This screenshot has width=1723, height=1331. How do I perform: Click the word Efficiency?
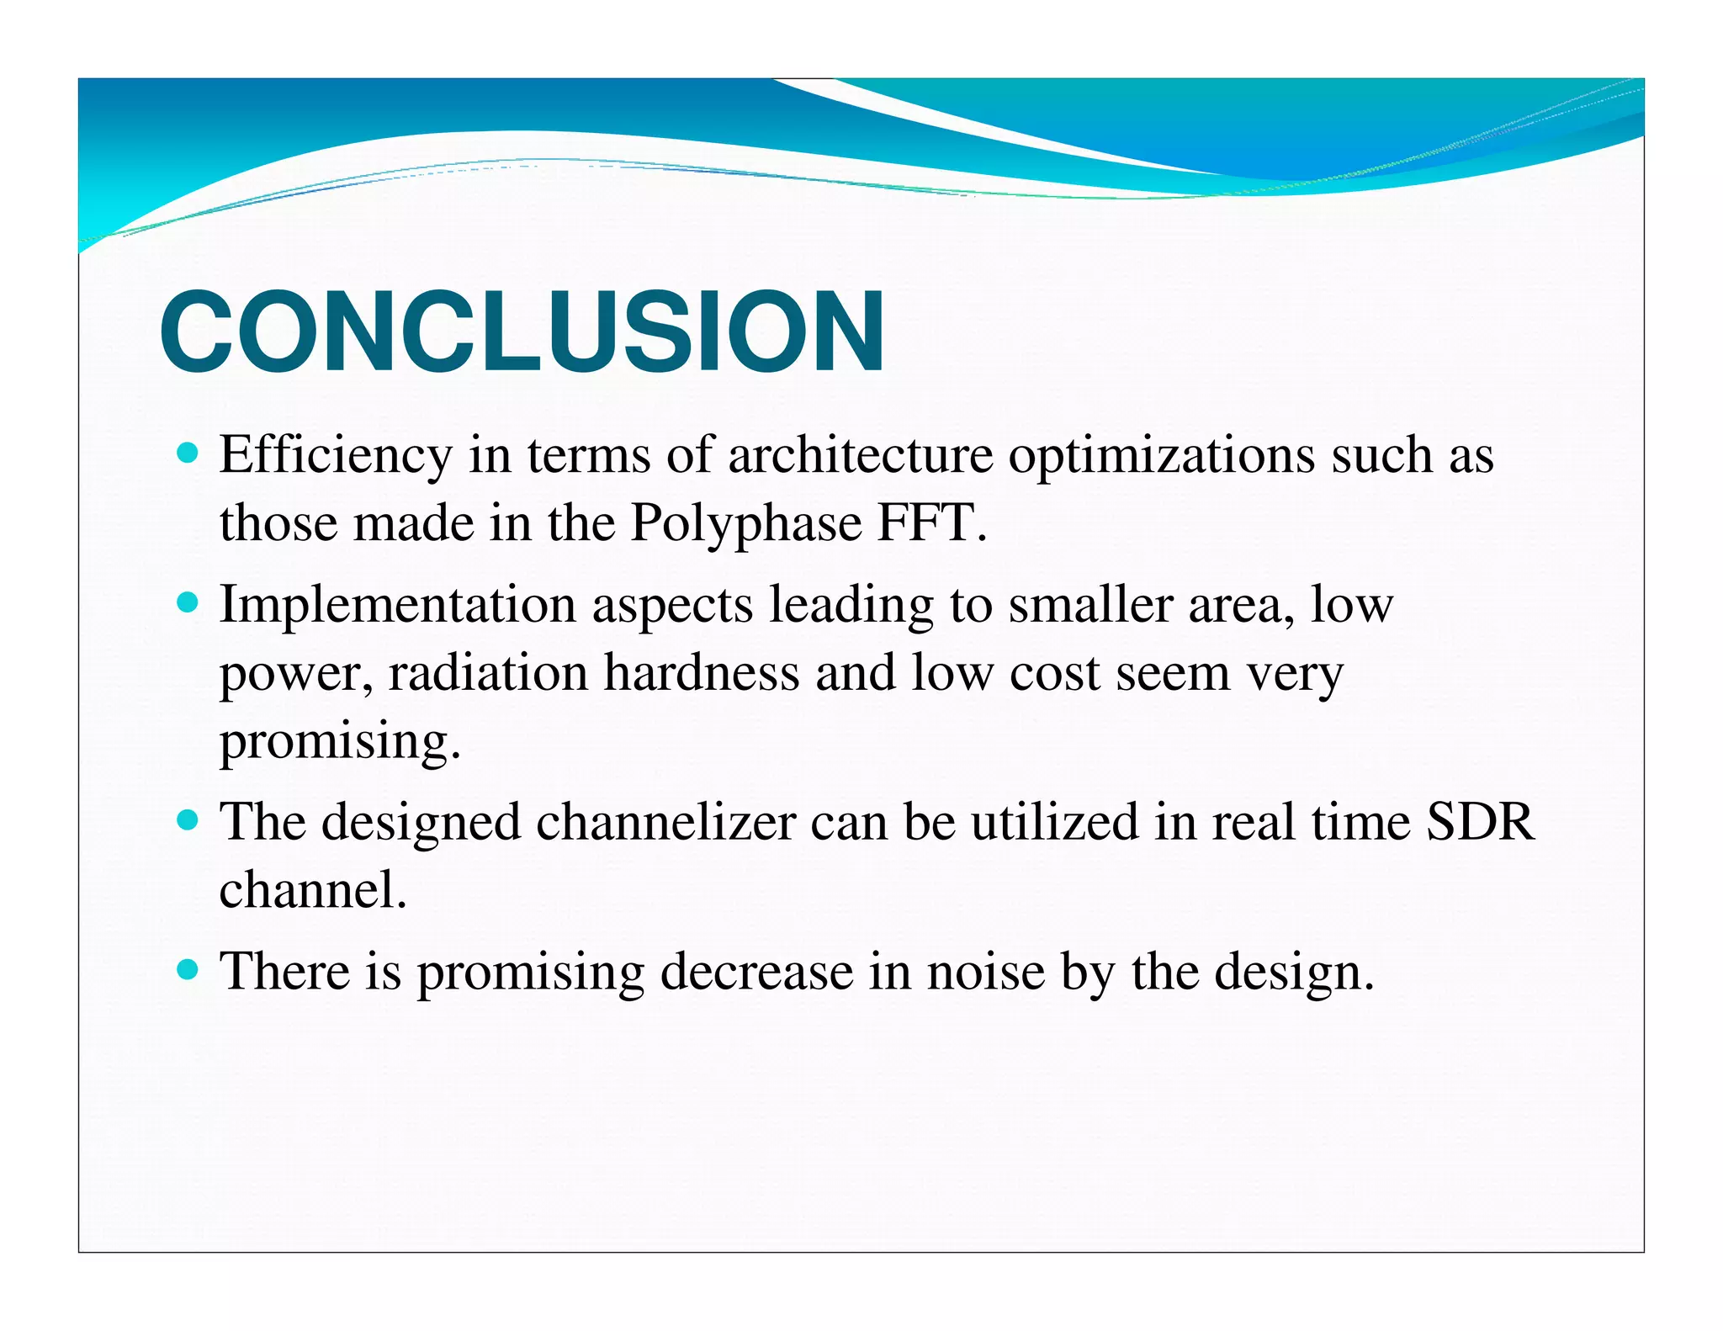336,455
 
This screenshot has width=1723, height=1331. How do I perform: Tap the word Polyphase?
746,523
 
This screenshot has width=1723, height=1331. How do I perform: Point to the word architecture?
860,455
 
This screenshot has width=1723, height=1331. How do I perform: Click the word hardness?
702,673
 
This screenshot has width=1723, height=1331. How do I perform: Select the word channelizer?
665,822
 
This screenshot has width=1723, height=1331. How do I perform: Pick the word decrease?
756,972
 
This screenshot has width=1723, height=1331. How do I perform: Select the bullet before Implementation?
188,603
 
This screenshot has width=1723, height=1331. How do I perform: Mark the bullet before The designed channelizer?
188,820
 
